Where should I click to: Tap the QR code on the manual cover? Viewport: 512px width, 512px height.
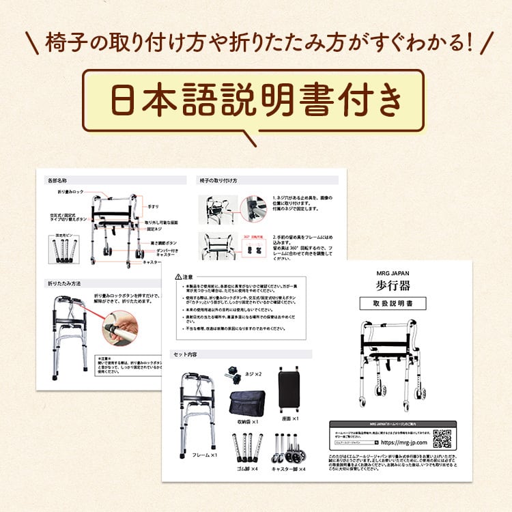tap(442, 438)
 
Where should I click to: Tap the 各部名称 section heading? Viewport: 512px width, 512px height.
tap(57, 181)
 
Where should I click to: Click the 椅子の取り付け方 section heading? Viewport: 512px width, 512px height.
tap(218, 181)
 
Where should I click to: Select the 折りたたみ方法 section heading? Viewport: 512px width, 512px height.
tap(64, 283)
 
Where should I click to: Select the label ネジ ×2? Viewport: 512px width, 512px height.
tap(253, 375)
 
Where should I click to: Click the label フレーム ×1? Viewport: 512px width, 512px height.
tap(204, 455)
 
